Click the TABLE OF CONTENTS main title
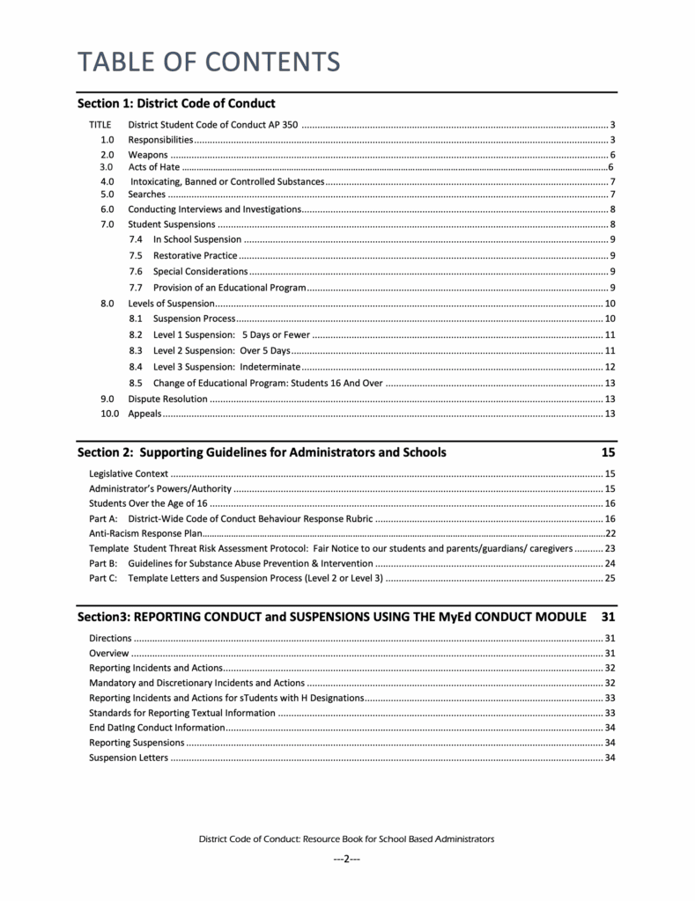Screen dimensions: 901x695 [x=208, y=62]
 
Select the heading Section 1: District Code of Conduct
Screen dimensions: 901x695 [x=176, y=104]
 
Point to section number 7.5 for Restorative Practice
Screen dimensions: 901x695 [x=136, y=255]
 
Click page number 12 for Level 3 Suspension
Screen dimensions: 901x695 [x=610, y=367]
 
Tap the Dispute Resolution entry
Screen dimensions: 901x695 [x=168, y=399]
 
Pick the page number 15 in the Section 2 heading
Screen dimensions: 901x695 [x=608, y=453]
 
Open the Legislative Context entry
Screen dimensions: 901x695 [x=129, y=474]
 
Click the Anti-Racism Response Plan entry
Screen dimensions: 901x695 [x=145, y=533]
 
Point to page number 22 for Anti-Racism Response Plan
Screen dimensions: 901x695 [x=610, y=533]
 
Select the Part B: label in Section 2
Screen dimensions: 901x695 [x=103, y=563]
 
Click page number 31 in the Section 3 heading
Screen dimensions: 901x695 [x=608, y=617]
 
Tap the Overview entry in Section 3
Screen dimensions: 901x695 [x=109, y=654]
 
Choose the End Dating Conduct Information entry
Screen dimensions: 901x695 [x=157, y=728]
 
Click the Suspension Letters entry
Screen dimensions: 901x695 [x=128, y=758]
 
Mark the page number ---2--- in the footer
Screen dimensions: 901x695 [x=346, y=859]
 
